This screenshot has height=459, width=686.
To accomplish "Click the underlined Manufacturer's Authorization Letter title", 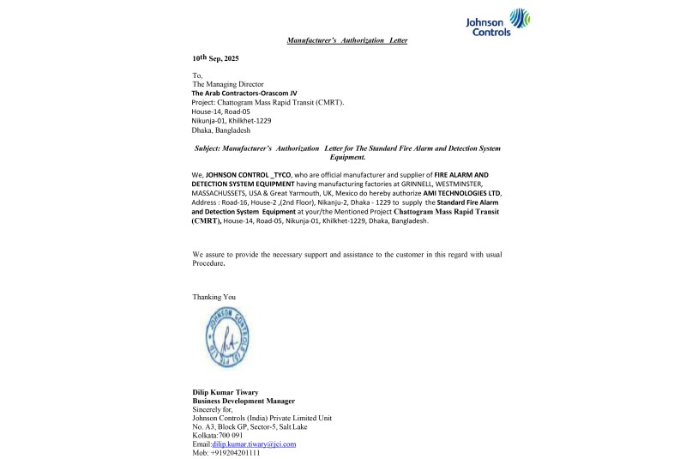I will click(346, 40).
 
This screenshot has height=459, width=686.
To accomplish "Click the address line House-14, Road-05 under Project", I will click(220, 112).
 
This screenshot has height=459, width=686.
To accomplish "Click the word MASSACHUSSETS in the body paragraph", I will click(231, 193).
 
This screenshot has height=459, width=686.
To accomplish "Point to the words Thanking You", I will click(214, 297).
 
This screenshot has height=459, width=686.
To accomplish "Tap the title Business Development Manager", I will click(244, 402).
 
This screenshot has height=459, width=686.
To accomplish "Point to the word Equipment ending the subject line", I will click(346, 158).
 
